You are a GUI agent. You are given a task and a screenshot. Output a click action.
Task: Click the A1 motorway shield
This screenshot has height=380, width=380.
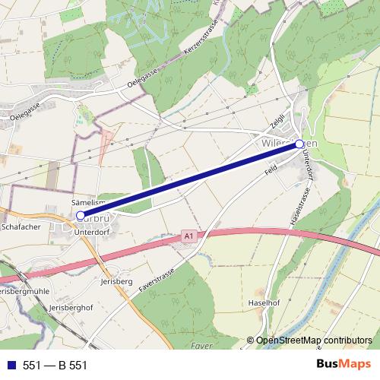coord(189,238)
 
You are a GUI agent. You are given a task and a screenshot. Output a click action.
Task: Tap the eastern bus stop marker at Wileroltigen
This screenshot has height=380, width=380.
coord(299,144)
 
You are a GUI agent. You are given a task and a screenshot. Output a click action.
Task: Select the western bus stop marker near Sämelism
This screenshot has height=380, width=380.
coord(81,216)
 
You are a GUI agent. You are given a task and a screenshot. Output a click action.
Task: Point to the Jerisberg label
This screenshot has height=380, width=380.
coord(117,281)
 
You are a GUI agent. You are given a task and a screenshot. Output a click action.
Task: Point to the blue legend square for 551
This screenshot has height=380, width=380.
coord(10,365)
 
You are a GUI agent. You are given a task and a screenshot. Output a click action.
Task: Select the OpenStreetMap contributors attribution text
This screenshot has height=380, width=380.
coord(313,341)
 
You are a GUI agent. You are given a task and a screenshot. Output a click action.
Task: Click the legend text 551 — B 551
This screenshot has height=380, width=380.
coord(55,365)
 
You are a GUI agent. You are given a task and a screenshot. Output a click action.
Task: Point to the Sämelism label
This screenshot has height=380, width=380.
coord(86,203)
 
